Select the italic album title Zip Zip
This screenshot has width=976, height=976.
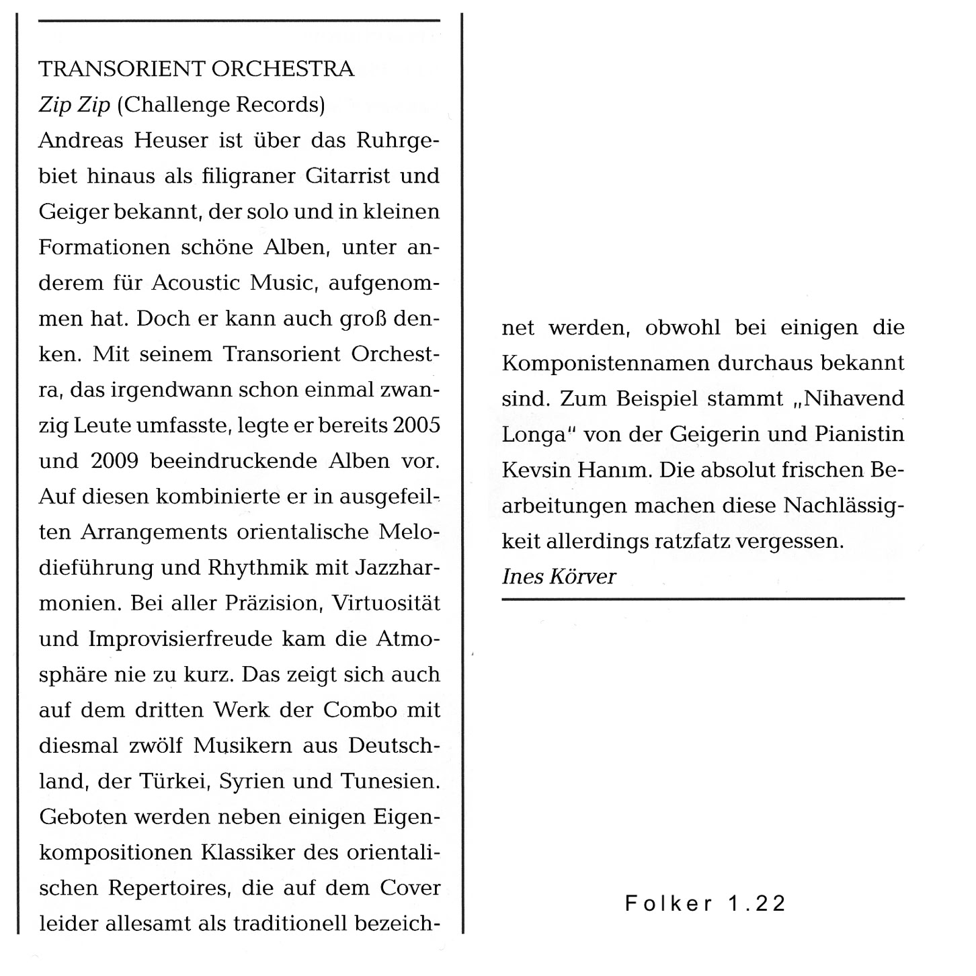[74, 106]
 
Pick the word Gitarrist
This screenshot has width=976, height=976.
[348, 177]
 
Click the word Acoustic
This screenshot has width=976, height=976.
[195, 283]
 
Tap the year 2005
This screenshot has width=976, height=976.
[417, 425]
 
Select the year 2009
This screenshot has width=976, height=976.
[114, 461]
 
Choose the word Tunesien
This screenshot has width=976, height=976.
[390, 782]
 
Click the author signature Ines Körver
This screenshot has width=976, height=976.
[559, 577]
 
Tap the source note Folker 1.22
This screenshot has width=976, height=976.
[705, 903]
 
